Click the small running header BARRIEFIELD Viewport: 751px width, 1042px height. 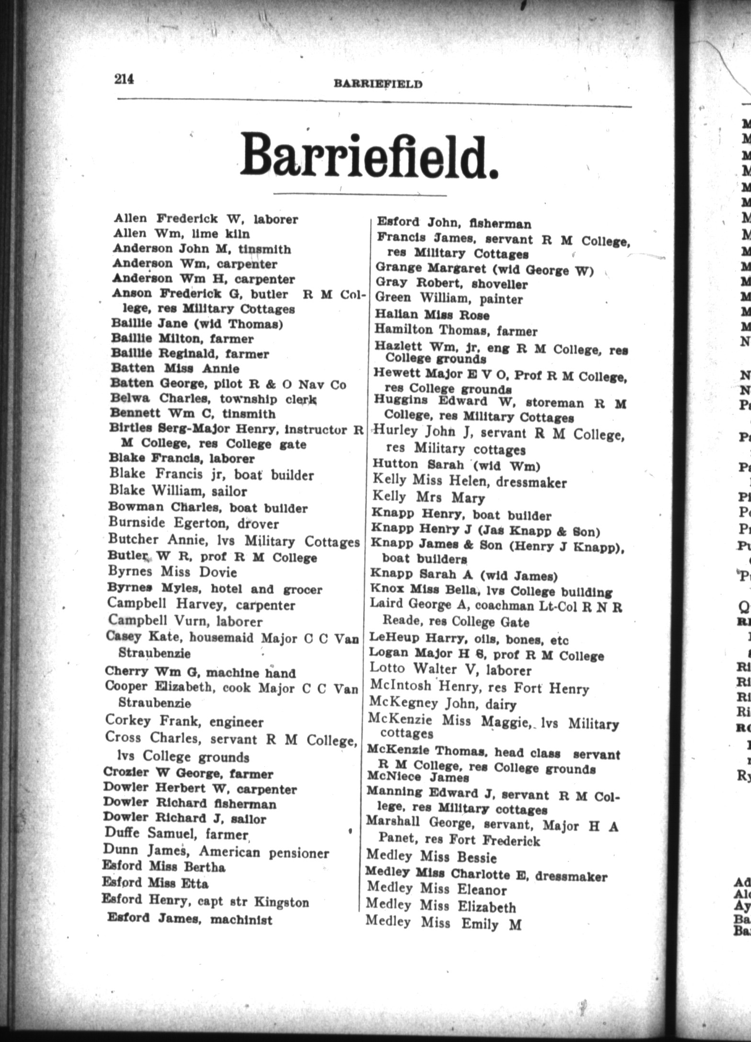[x=378, y=84]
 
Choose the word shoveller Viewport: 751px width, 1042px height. [x=499, y=284]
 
